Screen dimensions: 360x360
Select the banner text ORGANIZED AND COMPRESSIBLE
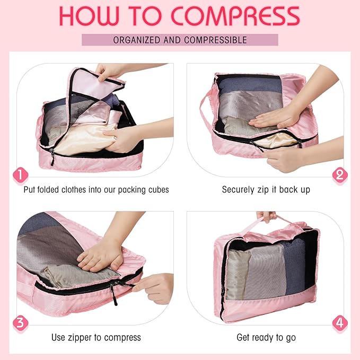coord(180,40)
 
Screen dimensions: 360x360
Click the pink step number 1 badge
coord(20,174)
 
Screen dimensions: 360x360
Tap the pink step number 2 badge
coord(339,174)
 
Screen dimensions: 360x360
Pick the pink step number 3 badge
coord(20,322)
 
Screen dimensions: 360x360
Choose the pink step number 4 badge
coord(339,322)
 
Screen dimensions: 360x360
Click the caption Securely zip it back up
coord(266,189)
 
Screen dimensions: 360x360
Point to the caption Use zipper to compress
coord(96,337)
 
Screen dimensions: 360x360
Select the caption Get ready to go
coord(266,337)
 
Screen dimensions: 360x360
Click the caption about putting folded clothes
coord(96,189)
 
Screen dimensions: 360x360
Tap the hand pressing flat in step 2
coord(276,117)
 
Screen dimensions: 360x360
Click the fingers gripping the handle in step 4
coord(266,216)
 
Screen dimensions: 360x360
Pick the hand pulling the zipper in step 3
coord(154,286)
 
